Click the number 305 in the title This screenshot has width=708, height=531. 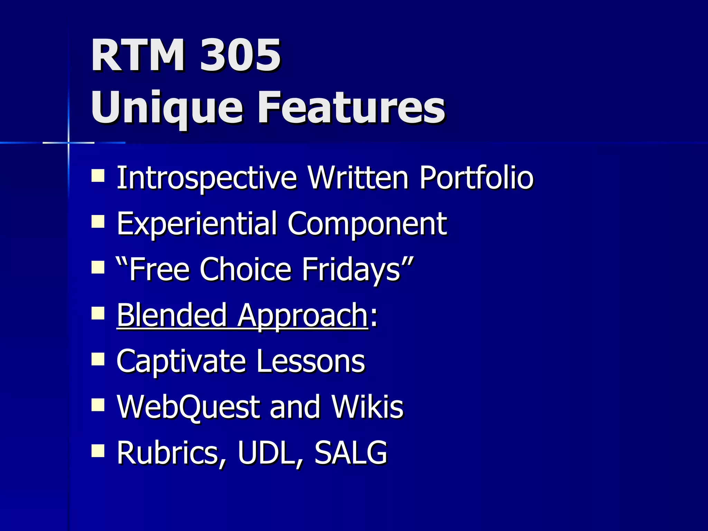point(240,55)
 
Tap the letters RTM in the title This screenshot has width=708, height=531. point(138,55)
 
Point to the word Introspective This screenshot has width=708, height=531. point(206,178)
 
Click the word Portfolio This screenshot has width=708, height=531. point(476,178)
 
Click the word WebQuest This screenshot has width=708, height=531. point(188,407)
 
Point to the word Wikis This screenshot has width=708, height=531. point(367,407)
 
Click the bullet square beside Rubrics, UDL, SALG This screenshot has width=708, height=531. point(98,451)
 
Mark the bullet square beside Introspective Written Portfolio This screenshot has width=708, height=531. point(98,175)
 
